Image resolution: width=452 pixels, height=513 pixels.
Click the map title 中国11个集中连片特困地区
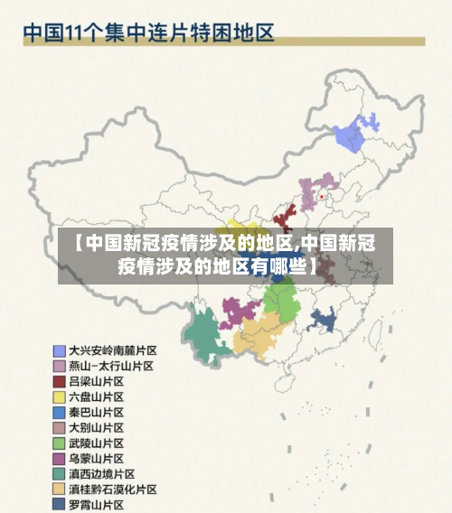(148, 33)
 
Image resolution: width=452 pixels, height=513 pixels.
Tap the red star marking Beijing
(322, 195)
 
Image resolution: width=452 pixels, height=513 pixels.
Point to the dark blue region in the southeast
(325, 322)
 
